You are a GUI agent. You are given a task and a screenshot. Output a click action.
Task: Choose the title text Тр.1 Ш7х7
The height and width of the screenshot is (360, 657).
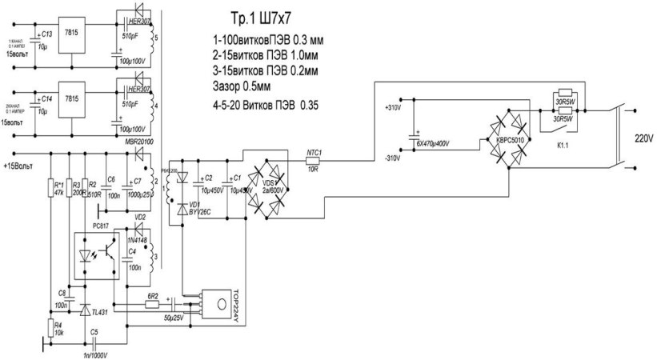254,21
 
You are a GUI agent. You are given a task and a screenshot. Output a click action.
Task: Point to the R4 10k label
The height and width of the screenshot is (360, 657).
58,328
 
